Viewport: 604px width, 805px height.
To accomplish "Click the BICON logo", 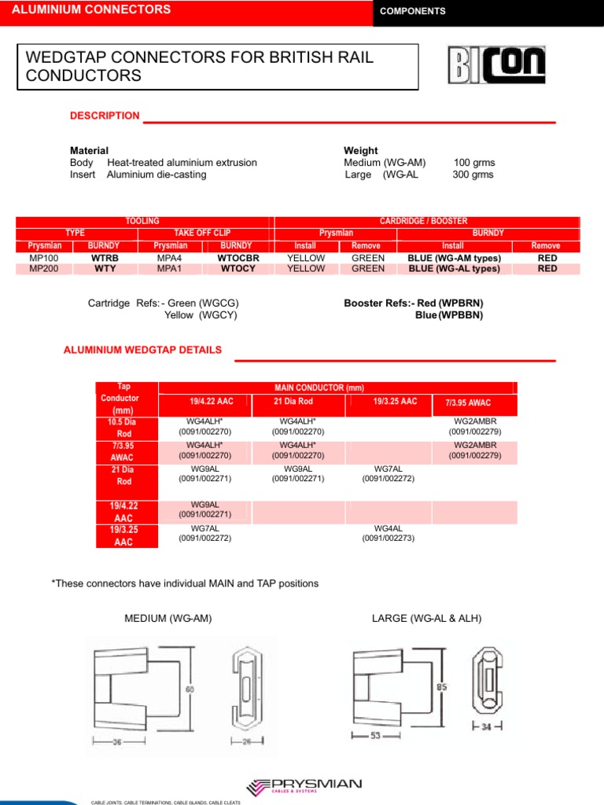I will pyautogui.click(x=495, y=65).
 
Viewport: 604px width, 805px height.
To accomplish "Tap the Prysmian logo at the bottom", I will pyautogui.click(x=304, y=787).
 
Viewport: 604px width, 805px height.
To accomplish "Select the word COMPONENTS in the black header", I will pyautogui.click(x=412, y=11).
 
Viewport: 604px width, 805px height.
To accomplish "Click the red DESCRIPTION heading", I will pyautogui.click(x=105, y=116).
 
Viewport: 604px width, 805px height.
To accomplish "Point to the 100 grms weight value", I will pyautogui.click(x=474, y=163).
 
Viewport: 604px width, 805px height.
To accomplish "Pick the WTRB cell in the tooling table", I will pyautogui.click(x=105, y=258).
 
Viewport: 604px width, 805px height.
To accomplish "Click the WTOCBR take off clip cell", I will pyautogui.click(x=239, y=258).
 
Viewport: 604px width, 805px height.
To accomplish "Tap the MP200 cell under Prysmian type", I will pyautogui.click(x=43, y=269).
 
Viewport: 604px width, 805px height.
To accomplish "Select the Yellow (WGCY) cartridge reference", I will pyautogui.click(x=201, y=315).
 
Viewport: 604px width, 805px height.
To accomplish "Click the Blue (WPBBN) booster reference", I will pyautogui.click(x=449, y=315).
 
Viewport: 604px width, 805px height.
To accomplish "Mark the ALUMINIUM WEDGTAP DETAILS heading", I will pyautogui.click(x=142, y=350).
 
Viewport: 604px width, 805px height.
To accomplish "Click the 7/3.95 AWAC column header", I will pyautogui.click(x=468, y=402).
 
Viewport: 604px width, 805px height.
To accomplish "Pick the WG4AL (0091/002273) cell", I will pyautogui.click(x=388, y=533).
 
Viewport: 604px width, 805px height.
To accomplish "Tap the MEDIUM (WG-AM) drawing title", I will pyautogui.click(x=168, y=619).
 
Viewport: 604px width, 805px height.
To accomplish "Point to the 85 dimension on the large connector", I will pyautogui.click(x=442, y=686).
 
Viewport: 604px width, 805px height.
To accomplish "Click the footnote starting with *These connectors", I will pyautogui.click(x=184, y=583).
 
